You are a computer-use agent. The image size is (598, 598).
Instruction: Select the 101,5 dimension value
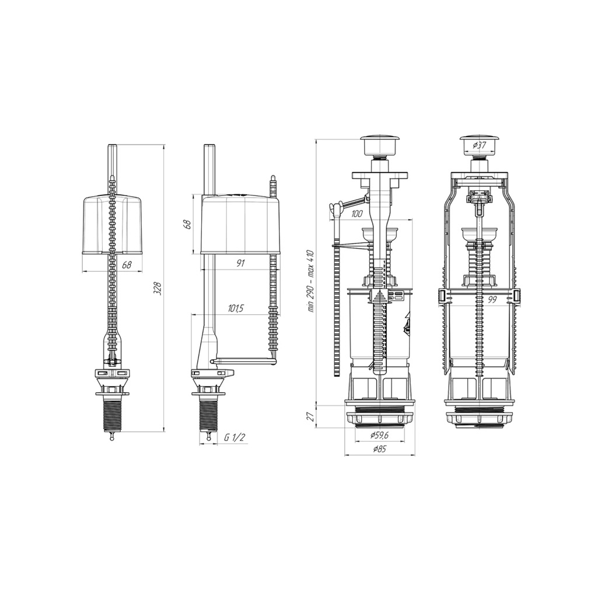236,309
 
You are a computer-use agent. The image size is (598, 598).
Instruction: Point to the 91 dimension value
240,263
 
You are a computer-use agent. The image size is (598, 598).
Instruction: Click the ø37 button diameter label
479,145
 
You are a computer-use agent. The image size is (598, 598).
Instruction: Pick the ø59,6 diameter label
379,436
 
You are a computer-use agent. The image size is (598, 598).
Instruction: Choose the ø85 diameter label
379,449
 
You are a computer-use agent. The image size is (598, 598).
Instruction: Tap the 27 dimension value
311,417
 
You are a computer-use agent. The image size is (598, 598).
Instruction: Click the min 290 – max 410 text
310,281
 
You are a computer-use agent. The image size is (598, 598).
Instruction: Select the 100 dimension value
356,214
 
